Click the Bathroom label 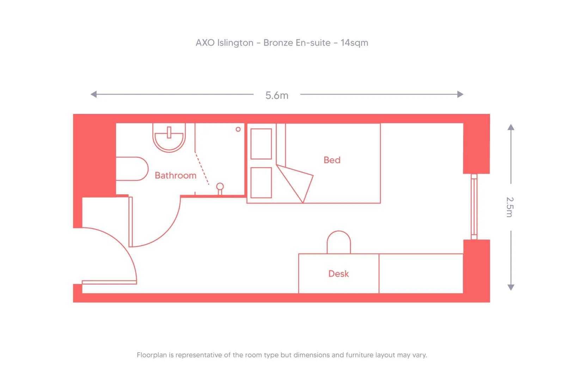(176, 175)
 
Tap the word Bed (332, 160)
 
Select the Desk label (338, 274)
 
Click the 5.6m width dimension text (277, 95)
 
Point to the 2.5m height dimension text (510, 207)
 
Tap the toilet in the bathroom (132, 169)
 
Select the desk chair (339, 243)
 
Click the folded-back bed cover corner (298, 182)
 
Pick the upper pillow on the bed (261, 144)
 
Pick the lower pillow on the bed (261, 182)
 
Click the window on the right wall (474, 207)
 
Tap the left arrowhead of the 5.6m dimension (93, 94)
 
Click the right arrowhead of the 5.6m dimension (460, 94)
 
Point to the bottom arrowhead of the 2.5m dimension (510, 288)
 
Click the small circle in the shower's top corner (238, 129)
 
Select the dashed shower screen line (202, 169)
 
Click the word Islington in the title (235, 43)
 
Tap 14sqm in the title (354, 43)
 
